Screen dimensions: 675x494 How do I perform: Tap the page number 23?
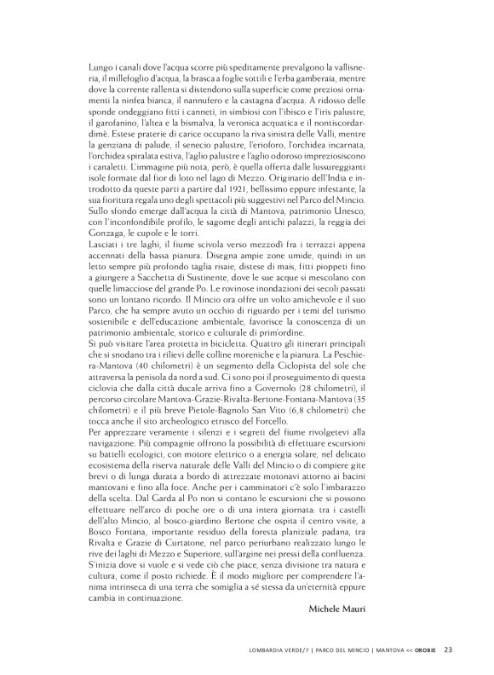point(447,652)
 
